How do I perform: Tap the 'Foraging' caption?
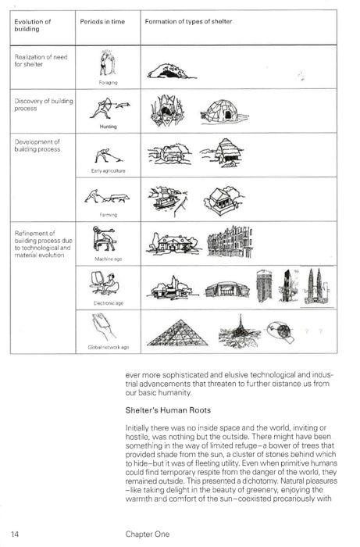tap(108, 81)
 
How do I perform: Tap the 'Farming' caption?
tap(108, 213)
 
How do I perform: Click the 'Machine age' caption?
tap(108, 258)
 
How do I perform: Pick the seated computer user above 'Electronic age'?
tap(108, 284)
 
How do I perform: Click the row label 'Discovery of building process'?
tap(37, 105)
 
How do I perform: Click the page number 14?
tap(16, 534)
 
